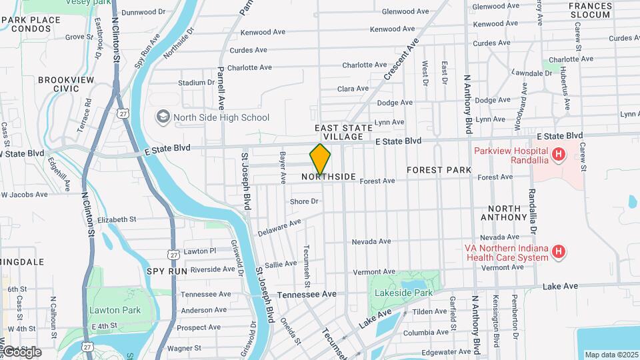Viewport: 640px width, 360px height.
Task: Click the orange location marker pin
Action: pyautogui.click(x=321, y=159)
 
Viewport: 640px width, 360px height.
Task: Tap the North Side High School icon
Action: pyautogui.click(x=163, y=117)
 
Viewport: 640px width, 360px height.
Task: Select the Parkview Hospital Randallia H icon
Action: pyautogui.click(x=559, y=155)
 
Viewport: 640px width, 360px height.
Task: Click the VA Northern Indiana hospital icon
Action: pyautogui.click(x=559, y=252)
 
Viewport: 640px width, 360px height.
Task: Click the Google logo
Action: pyautogui.click(x=21, y=351)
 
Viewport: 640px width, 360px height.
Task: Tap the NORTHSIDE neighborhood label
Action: pyautogui.click(x=328, y=177)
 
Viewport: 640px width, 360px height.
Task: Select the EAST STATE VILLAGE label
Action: pyautogui.click(x=339, y=131)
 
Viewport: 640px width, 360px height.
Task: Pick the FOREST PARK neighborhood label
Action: pyautogui.click(x=439, y=171)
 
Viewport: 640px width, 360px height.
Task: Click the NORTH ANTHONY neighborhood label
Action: pyautogui.click(x=504, y=213)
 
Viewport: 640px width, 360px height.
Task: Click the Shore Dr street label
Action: pyautogui.click(x=304, y=201)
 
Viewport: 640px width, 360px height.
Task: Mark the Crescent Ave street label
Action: pyautogui.click(x=401, y=59)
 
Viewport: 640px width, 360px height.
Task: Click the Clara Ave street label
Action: pyautogui.click(x=353, y=89)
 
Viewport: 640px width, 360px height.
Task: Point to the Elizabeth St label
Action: pyautogui.click(x=116, y=219)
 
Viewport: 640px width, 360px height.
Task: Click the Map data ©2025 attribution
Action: pyautogui.click(x=611, y=355)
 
